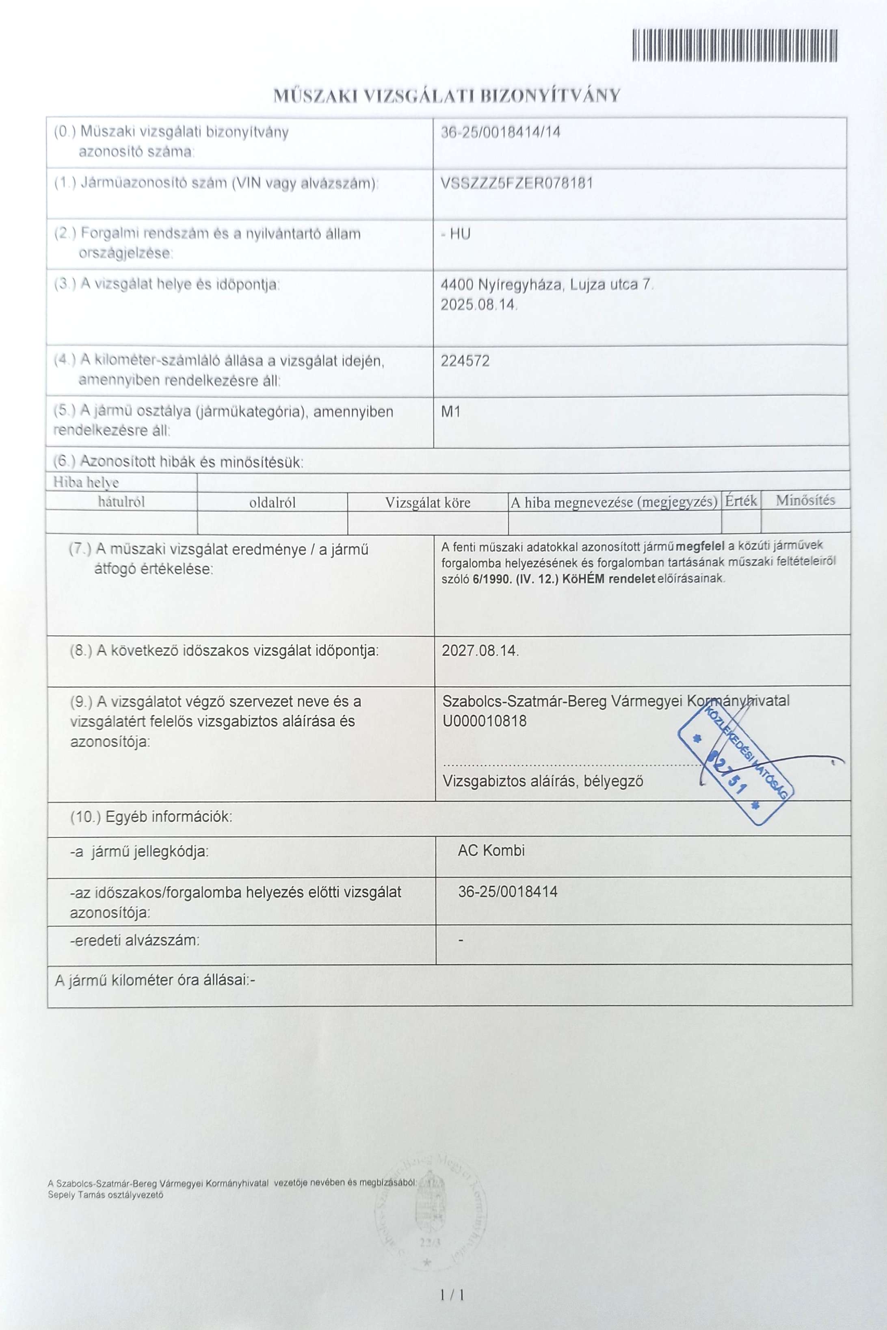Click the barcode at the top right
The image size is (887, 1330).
[x=734, y=45]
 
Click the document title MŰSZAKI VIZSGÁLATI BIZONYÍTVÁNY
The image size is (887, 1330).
[x=447, y=95]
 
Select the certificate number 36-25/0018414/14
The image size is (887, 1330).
[x=501, y=132]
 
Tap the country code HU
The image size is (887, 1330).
[x=460, y=233]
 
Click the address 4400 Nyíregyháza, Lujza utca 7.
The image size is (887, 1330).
[x=547, y=285]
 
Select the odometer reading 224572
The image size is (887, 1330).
[x=465, y=361]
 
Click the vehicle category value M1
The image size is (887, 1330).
[x=451, y=412]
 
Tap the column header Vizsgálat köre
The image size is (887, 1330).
[x=428, y=503]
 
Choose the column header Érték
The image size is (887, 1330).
[x=741, y=501]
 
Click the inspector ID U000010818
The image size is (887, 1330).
[x=484, y=721]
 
